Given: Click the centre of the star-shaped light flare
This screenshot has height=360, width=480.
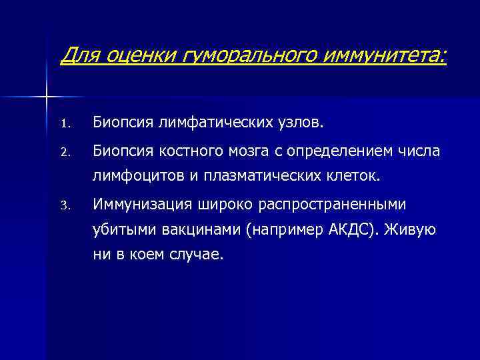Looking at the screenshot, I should [46, 98].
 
